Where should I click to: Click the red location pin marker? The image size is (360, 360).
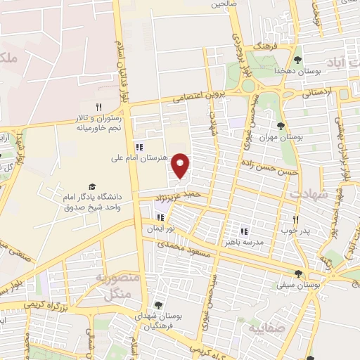click(181, 166)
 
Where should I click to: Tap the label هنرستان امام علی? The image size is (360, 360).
click(141, 158)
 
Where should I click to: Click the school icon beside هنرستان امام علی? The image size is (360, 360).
click(139, 147)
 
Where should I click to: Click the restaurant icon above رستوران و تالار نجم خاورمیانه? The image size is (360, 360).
click(99, 107)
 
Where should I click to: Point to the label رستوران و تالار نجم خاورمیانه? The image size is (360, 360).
click(99, 124)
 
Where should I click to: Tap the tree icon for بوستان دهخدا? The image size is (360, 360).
click(298, 60)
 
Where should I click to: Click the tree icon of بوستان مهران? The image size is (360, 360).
click(281, 127)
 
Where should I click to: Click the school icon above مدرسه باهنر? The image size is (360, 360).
click(244, 231)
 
